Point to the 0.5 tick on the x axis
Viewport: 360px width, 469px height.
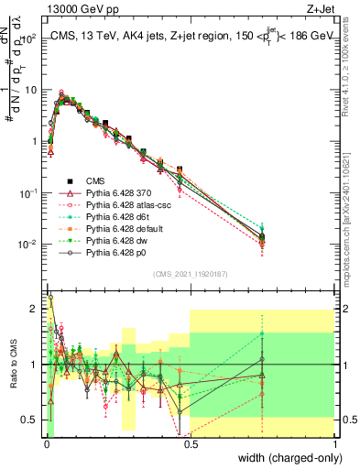tap(190, 443)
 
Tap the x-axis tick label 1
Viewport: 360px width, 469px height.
tap(333, 443)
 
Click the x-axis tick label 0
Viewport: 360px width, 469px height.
tap(46, 443)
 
